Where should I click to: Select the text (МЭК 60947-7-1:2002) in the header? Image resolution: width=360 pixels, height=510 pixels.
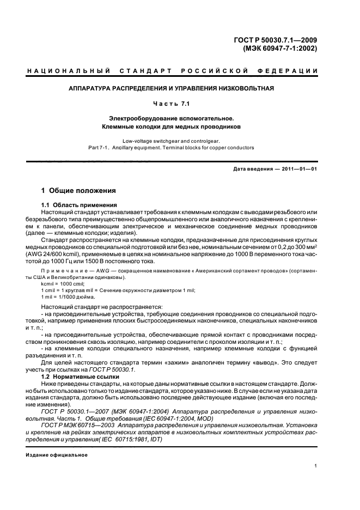click(x=279, y=48)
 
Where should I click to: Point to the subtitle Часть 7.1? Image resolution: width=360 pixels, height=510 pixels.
click(x=171, y=103)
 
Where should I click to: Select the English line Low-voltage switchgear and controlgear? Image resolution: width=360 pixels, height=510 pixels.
click(x=171, y=141)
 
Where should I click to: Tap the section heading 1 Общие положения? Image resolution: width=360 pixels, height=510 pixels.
click(x=79, y=191)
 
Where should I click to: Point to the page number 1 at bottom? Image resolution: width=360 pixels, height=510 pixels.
click(x=316, y=466)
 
